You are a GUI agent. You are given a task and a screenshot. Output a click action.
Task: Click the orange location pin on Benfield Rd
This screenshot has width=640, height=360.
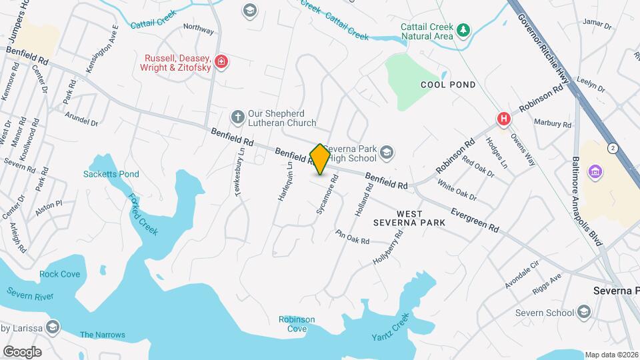point(320,159)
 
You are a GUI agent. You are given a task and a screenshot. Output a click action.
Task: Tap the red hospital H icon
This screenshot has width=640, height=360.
point(504,119)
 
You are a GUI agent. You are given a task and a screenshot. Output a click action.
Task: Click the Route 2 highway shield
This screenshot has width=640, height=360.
point(611,147)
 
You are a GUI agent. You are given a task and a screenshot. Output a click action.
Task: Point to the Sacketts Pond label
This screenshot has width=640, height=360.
point(111,175)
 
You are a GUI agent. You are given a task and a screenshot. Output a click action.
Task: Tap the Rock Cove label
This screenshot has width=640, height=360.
point(59,274)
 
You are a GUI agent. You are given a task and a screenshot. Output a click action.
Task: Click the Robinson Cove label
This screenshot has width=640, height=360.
point(297,324)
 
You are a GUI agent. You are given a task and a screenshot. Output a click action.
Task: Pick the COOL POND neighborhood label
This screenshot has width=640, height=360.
point(448,85)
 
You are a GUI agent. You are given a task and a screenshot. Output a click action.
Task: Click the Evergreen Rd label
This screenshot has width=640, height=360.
point(475,219)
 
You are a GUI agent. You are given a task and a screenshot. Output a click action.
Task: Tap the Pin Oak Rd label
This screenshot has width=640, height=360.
point(353,235)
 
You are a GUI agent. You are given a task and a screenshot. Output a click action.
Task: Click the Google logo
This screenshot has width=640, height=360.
point(23,351)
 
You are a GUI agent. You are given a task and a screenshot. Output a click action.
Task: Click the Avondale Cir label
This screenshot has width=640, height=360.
point(521,275)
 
